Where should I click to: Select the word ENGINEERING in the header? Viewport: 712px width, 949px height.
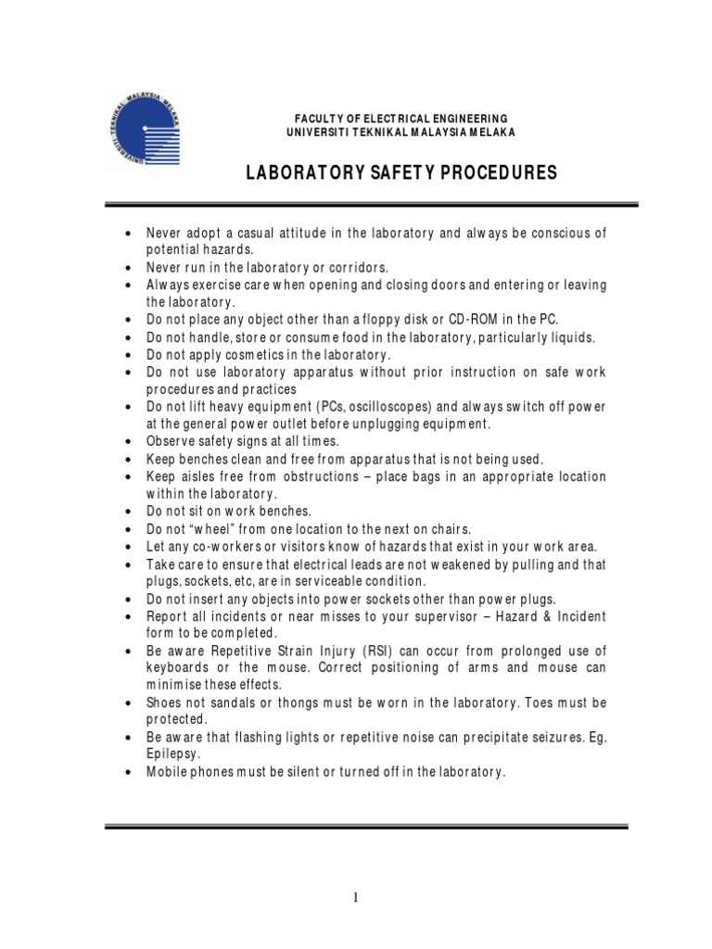464,118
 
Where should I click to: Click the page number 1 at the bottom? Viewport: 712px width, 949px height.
356,897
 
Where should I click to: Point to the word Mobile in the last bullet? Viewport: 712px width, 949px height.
166,772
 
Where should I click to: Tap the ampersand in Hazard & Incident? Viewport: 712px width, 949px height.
547,615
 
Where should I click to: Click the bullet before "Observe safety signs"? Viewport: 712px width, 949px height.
127,442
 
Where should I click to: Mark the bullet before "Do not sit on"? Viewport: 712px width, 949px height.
127,512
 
